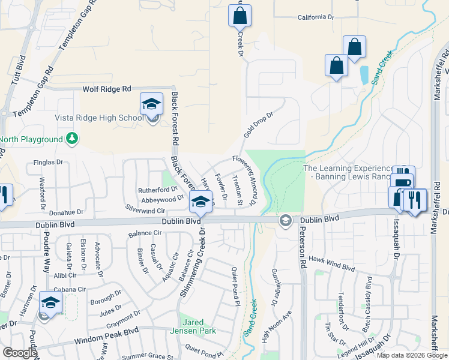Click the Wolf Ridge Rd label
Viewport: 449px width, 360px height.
[106, 89]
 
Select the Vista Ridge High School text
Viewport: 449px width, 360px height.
[99, 118]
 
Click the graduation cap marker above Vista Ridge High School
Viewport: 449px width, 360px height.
[152, 104]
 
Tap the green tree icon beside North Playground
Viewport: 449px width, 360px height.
[72, 139]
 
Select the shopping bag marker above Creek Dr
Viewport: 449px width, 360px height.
[240, 16]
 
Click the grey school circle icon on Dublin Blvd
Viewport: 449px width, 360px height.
[285, 221]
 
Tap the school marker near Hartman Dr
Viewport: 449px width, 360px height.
[51, 304]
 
